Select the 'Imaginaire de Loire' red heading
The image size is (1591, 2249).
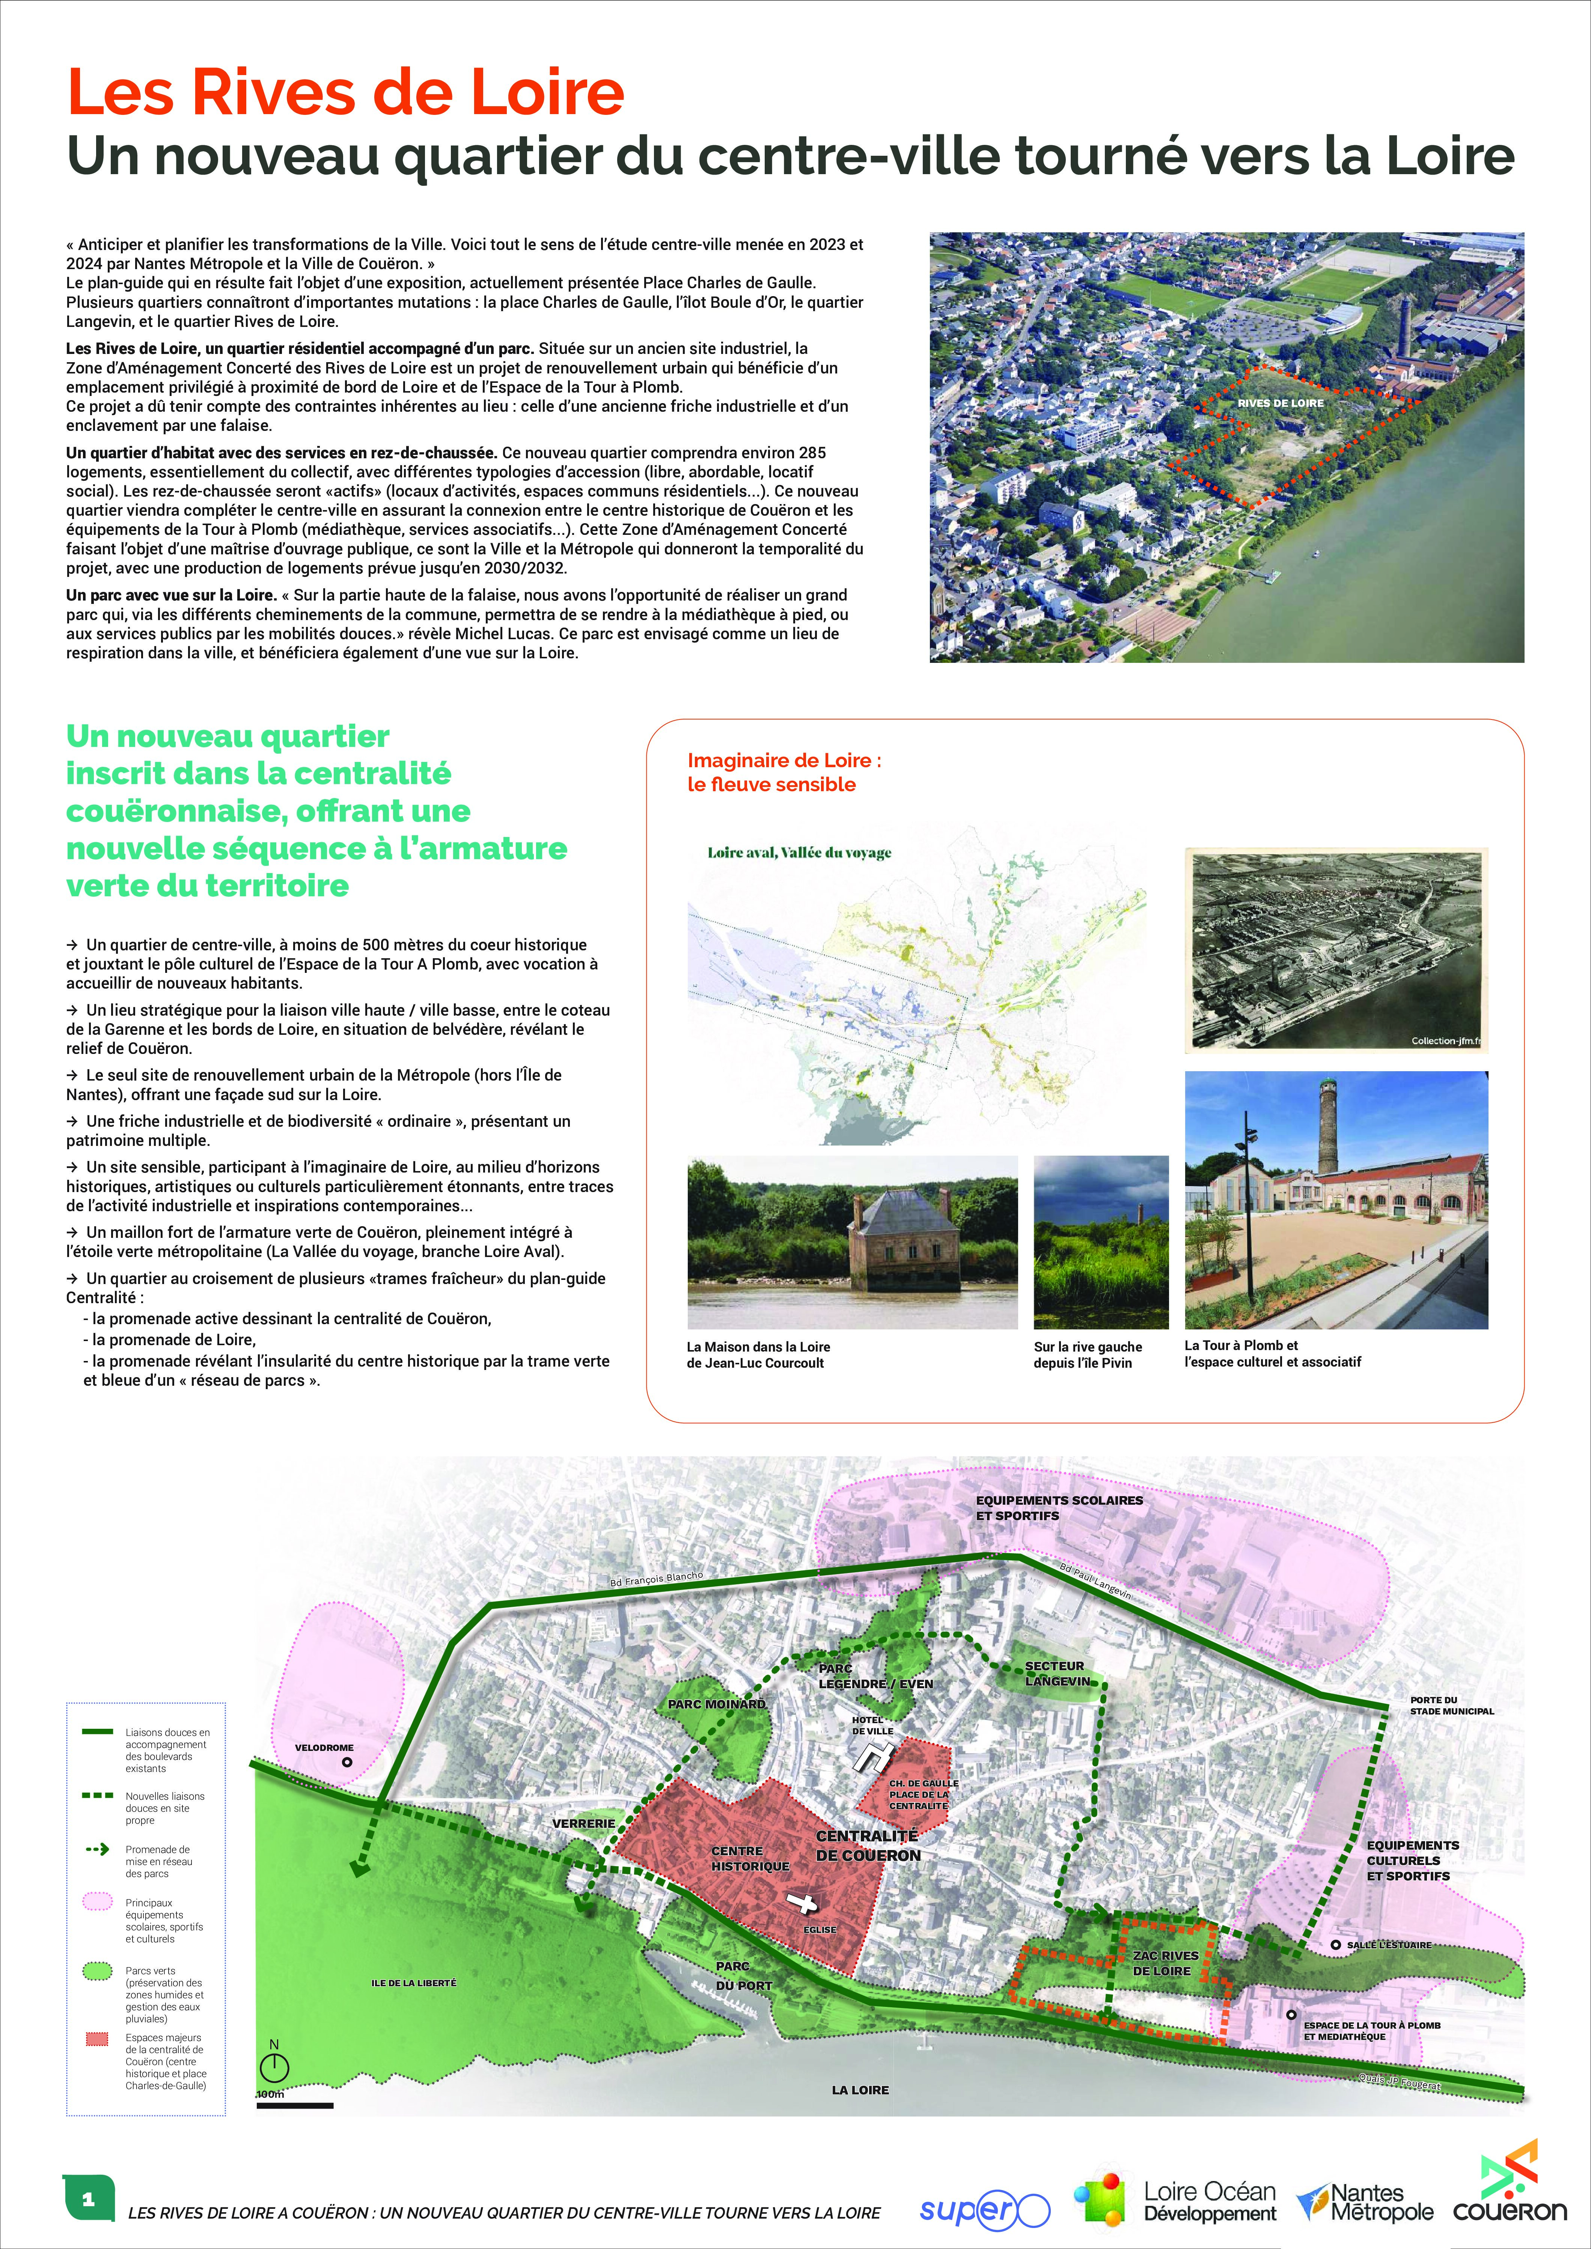tap(784, 772)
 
